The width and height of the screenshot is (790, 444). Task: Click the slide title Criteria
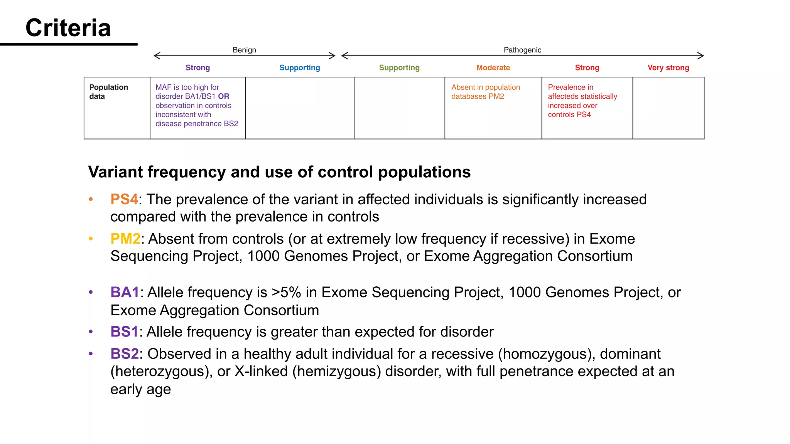point(68,28)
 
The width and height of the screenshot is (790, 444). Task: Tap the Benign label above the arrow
point(244,50)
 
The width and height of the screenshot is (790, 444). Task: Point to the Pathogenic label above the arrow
point(522,50)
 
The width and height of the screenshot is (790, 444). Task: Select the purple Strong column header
point(197,68)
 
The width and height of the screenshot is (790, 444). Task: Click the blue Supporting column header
point(299,68)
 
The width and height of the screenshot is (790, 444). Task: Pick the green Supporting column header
point(399,68)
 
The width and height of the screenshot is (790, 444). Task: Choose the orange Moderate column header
point(493,68)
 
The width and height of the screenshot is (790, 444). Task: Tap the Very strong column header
point(668,68)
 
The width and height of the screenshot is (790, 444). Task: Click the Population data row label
point(108,92)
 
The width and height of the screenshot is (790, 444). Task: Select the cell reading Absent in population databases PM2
point(485,92)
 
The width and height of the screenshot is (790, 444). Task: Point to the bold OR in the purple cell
point(224,96)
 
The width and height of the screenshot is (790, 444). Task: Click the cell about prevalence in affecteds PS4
point(582,101)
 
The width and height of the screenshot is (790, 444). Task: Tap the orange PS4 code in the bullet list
point(124,199)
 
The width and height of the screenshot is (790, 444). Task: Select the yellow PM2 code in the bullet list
point(125,239)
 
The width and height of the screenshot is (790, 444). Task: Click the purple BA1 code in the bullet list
point(125,292)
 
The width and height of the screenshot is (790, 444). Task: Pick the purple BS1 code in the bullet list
point(124,332)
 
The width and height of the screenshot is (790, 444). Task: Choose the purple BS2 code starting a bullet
point(124,354)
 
